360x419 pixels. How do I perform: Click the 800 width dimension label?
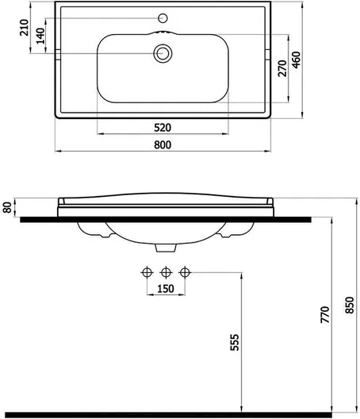tap(163, 145)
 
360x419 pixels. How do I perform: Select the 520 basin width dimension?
tap(163, 128)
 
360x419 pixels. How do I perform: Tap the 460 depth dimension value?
tap(297, 60)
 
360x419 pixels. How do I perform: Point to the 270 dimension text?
tap(282, 68)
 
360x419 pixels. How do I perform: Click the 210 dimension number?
tap(25, 28)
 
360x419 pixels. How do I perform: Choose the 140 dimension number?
tap(40, 36)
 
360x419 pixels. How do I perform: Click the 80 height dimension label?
tap(7, 208)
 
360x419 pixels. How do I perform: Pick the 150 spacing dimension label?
tap(166, 289)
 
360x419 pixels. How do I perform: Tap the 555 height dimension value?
tap(235, 342)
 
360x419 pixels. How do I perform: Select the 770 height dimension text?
tap(325, 315)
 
